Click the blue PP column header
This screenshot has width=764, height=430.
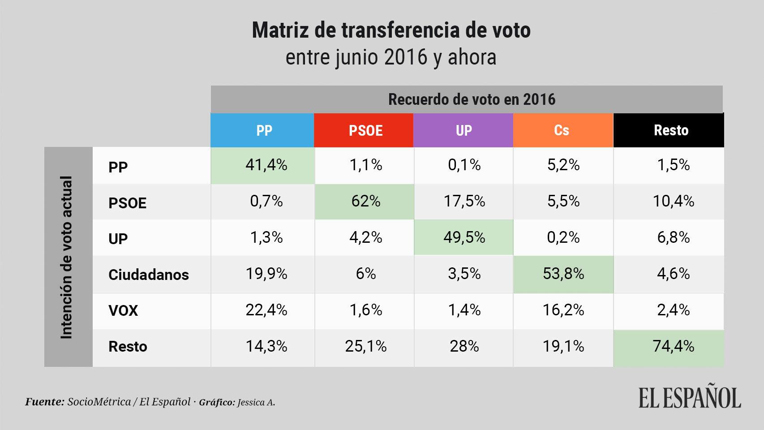(262, 130)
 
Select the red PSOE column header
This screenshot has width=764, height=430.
(364, 130)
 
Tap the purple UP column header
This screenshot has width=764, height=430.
(463, 130)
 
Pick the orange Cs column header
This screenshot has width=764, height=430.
(563, 130)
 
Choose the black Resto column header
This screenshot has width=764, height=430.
(669, 130)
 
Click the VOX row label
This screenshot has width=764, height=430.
(123, 310)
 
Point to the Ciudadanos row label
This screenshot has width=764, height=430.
(148, 275)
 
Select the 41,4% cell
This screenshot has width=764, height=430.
(262, 166)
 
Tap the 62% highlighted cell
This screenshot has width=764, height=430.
(364, 202)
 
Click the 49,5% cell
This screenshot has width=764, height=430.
(464, 237)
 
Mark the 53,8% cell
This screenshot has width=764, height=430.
(563, 274)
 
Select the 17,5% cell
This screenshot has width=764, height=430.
(464, 202)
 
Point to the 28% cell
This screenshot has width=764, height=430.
(464, 346)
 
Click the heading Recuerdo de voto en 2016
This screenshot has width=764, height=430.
(472, 99)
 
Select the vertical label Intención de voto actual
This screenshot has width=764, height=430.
(67, 257)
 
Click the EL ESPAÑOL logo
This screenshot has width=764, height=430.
(690, 396)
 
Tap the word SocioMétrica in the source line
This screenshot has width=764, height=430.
(99, 402)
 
